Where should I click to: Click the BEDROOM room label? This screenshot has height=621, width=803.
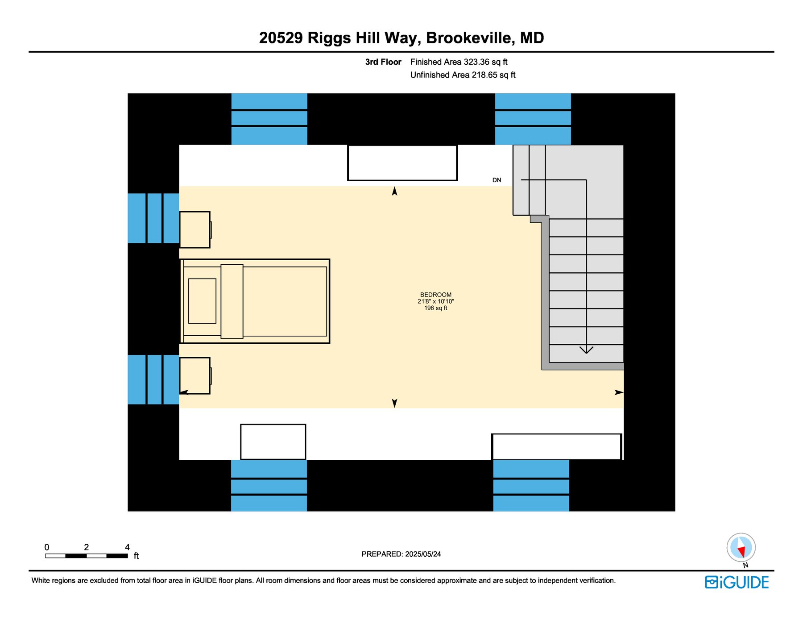(435, 295)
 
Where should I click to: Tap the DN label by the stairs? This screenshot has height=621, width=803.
(497, 180)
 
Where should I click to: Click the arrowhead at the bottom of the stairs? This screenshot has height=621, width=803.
(586, 350)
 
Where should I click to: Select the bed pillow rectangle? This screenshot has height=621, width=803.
(202, 301)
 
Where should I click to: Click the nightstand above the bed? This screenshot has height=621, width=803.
(195, 229)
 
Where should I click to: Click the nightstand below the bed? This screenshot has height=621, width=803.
(195, 375)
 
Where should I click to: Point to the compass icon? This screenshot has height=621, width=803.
(741, 547)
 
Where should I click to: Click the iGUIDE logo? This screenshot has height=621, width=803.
(737, 583)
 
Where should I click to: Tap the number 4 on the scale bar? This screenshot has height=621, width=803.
(127, 547)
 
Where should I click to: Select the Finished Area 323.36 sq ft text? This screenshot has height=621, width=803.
(459, 62)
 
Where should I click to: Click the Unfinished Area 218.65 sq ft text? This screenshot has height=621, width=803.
(463, 75)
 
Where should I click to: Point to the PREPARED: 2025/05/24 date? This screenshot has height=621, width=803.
(401, 554)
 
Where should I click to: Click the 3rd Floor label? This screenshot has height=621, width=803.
(383, 62)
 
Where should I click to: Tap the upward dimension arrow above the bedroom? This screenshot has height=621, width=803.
(394, 191)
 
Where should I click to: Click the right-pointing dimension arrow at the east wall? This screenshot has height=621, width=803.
(619, 392)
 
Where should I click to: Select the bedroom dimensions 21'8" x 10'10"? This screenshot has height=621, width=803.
(435, 301)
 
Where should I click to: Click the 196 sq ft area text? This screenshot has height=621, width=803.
(435, 308)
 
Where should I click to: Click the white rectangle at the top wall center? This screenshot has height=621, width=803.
(402, 163)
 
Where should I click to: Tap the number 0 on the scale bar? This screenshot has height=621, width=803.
(47, 547)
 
